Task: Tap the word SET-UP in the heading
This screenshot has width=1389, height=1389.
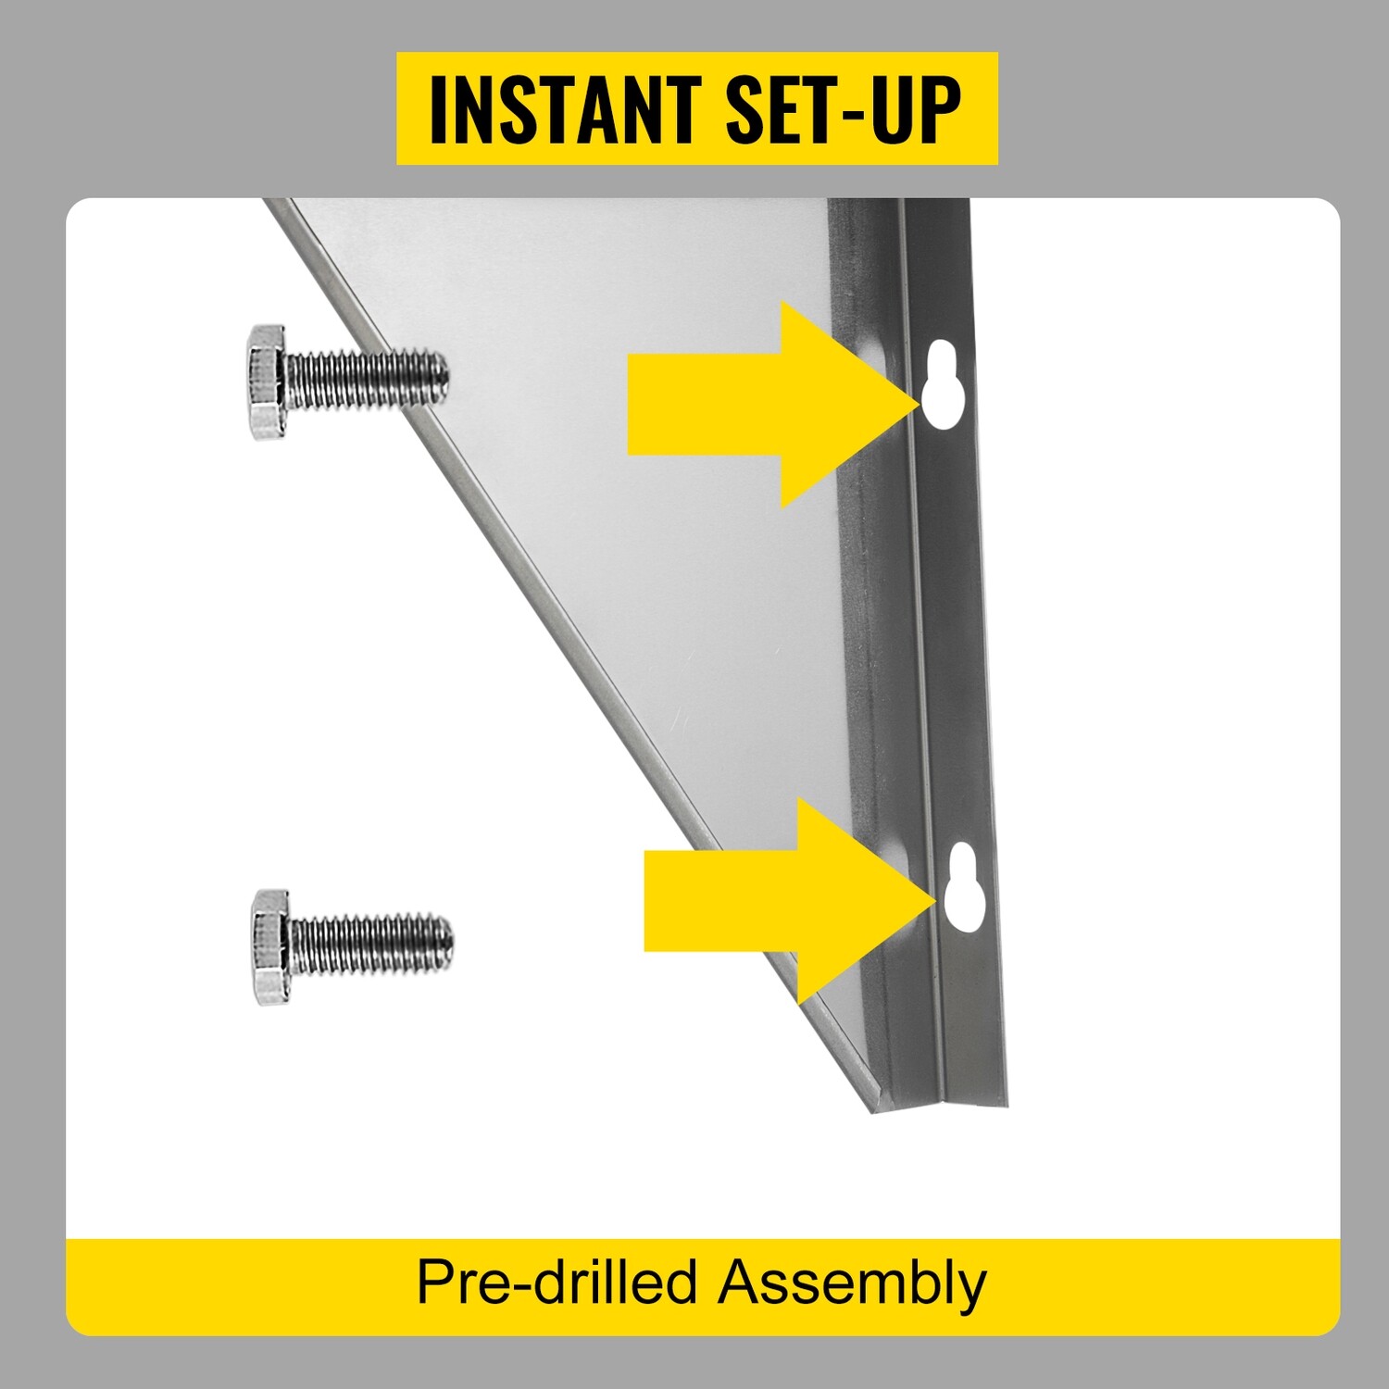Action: (844, 109)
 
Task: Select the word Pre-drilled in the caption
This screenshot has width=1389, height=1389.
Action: (557, 1283)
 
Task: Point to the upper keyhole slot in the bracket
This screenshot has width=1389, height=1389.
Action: (944, 383)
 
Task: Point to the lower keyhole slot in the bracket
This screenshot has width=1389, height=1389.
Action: (962, 887)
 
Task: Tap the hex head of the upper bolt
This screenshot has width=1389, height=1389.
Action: (268, 382)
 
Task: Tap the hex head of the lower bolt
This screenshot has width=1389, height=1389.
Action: (271, 946)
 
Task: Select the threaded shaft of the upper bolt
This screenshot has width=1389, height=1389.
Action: (368, 379)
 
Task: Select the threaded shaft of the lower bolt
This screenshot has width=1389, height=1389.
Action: (372, 945)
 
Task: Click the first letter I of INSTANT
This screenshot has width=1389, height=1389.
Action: (438, 109)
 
